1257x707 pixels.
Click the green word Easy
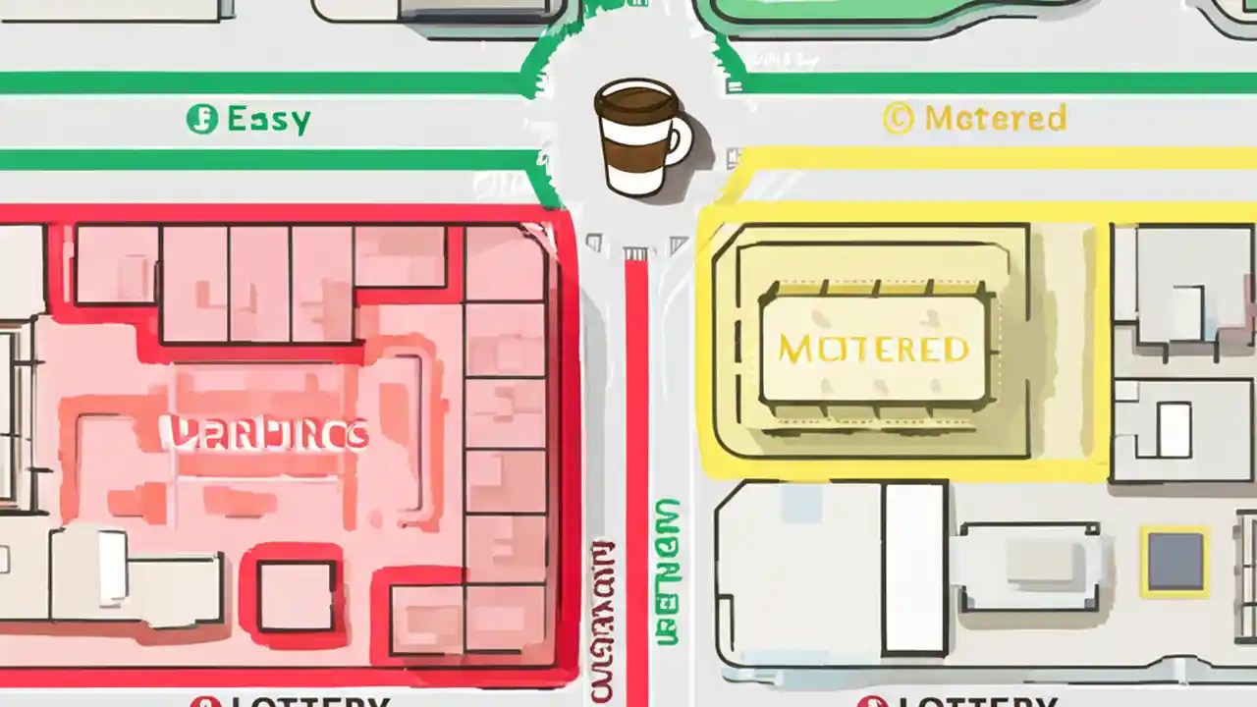point(268,120)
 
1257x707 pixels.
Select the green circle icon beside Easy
point(201,120)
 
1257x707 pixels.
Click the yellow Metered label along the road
point(994,119)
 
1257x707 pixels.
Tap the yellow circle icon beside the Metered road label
point(898,119)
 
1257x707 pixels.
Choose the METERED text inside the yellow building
point(873,349)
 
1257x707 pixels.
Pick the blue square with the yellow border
point(1175,561)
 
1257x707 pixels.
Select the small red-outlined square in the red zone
point(295,595)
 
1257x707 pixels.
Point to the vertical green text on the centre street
point(667,570)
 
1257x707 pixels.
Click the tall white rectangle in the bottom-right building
point(913,568)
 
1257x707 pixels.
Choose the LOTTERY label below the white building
point(972,701)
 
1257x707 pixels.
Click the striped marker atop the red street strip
point(635,254)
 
